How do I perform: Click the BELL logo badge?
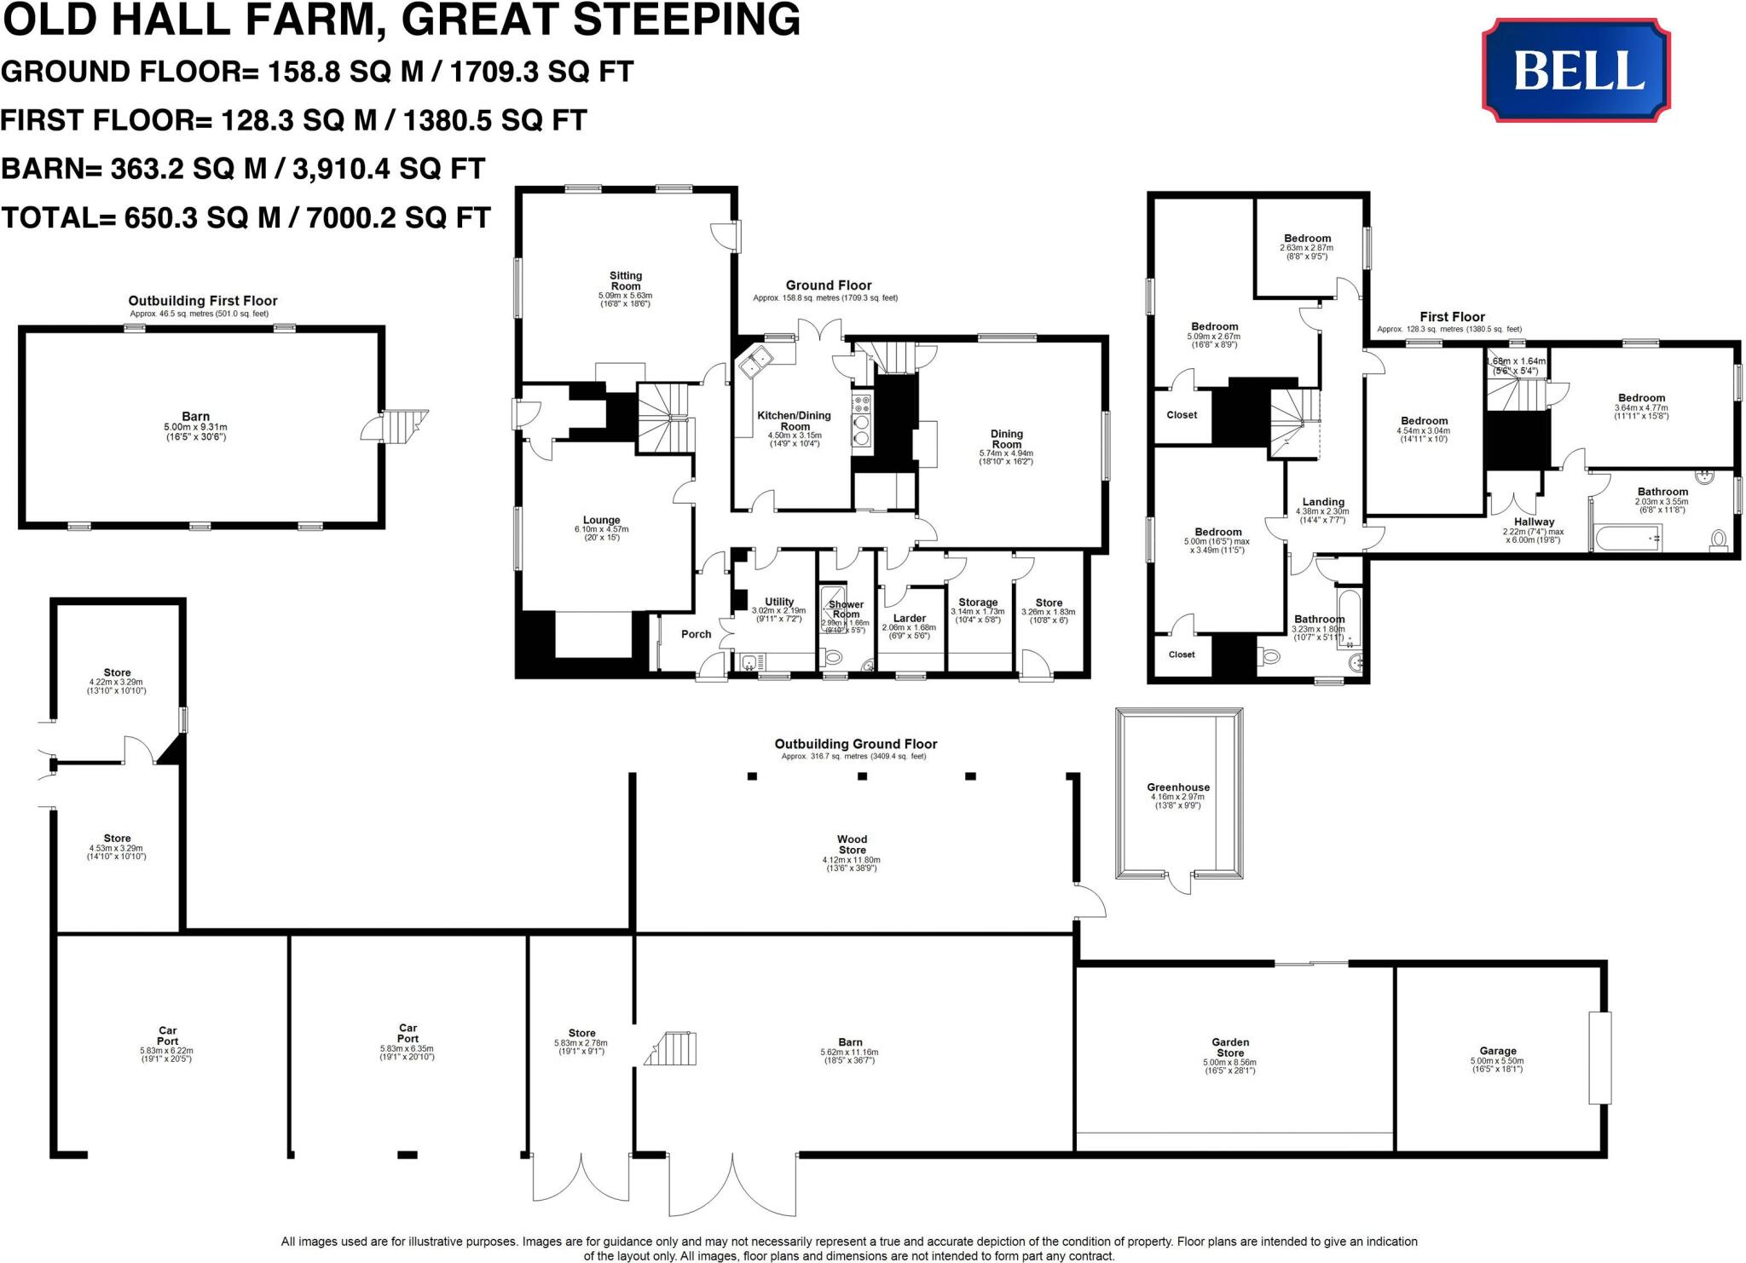1575,71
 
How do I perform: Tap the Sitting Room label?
625,280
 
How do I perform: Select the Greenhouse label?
1178,787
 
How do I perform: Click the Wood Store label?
852,845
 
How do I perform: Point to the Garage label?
1497,1051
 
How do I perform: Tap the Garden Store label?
1230,1047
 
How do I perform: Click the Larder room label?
910,618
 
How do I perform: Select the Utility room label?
779,602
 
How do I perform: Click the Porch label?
697,634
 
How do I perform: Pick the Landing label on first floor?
1323,502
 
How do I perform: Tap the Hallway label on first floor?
1534,522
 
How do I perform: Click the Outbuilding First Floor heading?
203,301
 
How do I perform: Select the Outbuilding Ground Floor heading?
855,744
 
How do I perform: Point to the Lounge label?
601,520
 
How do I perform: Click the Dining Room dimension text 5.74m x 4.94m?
1006,453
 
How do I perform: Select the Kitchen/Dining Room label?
794,421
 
